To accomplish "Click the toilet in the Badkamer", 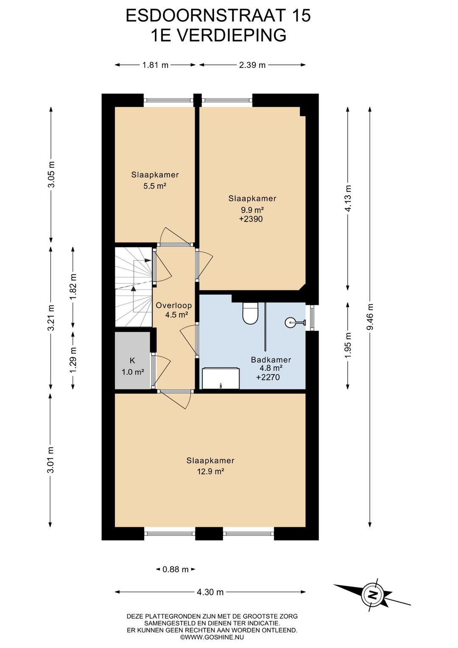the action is coord(250,313).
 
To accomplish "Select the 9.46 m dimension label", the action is coord(370,316).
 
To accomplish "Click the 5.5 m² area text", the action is coord(155,186).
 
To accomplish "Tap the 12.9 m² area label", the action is coord(211,471).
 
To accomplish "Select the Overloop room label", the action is coord(174,305).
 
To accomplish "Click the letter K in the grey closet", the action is coord(132,361).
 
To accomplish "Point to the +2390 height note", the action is coord(251,219).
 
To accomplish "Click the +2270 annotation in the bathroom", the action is coord(268,377).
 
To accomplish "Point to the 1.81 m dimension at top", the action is coord(155,65).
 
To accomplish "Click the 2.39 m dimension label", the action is coord(252,65).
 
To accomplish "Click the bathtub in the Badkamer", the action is coord(221,378).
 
